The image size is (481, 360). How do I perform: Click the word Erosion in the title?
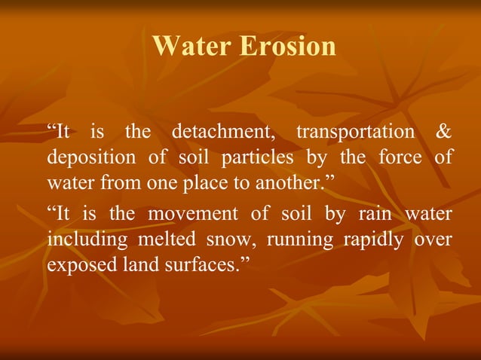pyautogui.click(x=288, y=47)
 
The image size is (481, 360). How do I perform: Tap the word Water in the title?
pyautogui.click(x=193, y=47)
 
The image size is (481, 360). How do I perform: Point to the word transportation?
pyautogui.click(x=355, y=132)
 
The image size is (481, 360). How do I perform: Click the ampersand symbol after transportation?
pyautogui.click(x=444, y=132)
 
